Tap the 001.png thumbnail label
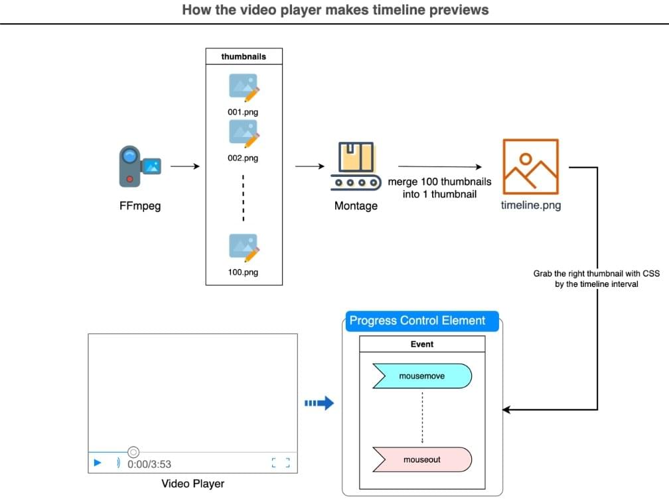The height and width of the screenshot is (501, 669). point(243,112)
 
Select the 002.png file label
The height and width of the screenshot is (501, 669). point(243,158)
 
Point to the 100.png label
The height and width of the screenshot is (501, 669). point(243,272)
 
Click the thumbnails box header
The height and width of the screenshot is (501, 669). point(244,57)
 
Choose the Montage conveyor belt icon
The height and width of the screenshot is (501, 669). point(356,166)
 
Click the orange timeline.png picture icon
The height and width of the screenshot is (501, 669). point(531,166)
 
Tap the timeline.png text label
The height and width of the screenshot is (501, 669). point(531,205)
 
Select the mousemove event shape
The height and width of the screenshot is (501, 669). point(422,376)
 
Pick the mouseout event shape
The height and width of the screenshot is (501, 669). point(422,459)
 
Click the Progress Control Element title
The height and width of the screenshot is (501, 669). point(417,321)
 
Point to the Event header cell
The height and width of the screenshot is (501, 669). point(422,345)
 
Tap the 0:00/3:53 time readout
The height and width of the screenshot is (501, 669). point(149,465)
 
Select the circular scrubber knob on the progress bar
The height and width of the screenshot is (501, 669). point(133,452)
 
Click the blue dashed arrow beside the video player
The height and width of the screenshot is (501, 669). point(319,403)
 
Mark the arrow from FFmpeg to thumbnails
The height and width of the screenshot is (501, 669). point(186,166)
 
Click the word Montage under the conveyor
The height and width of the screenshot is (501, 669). point(356,206)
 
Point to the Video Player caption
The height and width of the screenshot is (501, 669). point(193,484)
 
